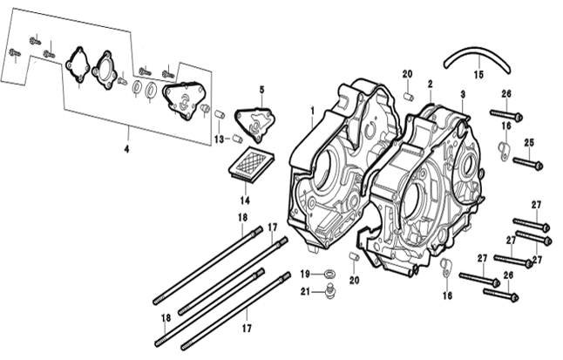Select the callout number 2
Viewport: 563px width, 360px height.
pos(430,85)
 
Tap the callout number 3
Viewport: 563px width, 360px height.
pos(462,93)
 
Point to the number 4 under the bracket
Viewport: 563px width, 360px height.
pos(127,149)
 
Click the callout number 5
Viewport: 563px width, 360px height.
pos(261,90)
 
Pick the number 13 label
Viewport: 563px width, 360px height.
pos(220,139)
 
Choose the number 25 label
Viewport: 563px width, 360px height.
pos(528,143)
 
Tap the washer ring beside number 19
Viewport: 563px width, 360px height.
pos(329,275)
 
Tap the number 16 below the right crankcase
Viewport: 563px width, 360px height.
pos(448,295)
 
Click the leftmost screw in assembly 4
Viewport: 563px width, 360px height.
pos(14,52)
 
